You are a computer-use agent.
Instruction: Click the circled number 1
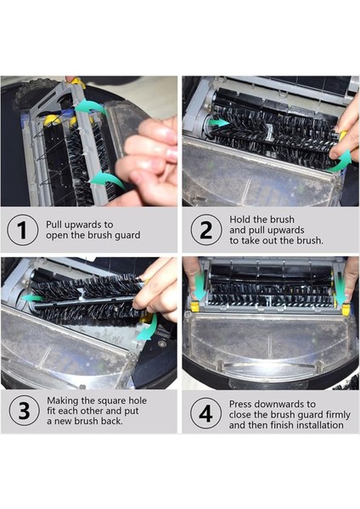tap(22, 230)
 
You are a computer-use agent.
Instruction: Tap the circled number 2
tap(206, 229)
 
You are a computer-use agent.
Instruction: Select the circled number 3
tap(24, 411)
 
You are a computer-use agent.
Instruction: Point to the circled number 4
tap(205, 414)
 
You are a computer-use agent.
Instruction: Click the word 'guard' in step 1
tap(127, 235)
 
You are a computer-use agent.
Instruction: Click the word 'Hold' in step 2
tap(239, 220)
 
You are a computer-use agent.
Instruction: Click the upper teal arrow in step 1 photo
tap(92, 107)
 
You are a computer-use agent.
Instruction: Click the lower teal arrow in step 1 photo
tap(107, 180)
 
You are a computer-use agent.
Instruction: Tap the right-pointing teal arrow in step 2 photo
tap(218, 122)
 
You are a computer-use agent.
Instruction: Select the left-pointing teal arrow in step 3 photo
tap(32, 298)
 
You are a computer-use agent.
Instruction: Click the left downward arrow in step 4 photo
tap(199, 285)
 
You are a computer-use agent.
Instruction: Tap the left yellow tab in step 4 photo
tap(194, 305)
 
